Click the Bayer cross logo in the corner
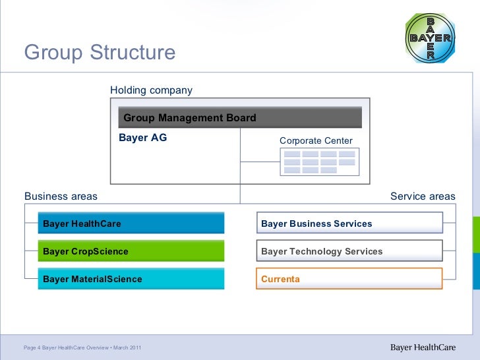431,38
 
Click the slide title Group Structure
100,52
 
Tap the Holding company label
151,90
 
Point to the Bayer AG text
142,138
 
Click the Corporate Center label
316,140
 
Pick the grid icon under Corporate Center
320,162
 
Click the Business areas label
61,196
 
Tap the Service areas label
423,196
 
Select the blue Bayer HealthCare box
131,224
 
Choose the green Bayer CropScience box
131,251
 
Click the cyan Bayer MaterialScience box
131,279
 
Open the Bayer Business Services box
349,224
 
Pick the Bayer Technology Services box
349,251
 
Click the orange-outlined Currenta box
349,279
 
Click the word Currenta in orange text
280,279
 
